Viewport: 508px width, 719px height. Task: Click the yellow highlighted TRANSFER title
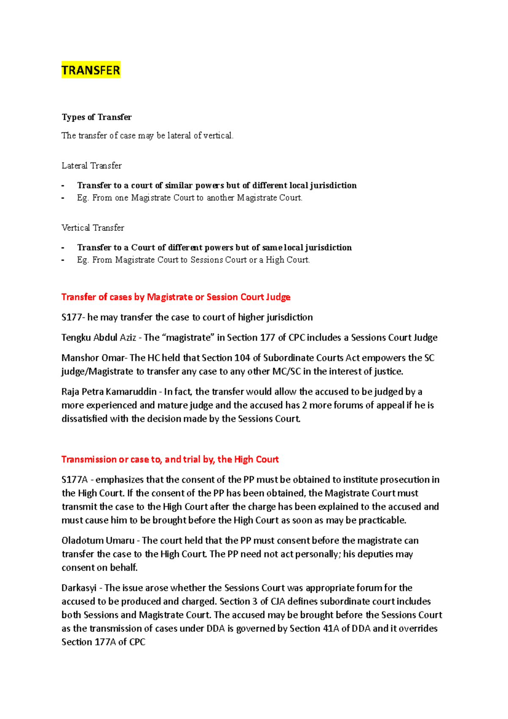click(91, 70)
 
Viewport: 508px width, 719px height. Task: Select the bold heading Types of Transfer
click(97, 117)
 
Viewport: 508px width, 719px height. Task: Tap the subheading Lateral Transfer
click(91, 166)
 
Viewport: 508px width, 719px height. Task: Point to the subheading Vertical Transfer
click(93, 228)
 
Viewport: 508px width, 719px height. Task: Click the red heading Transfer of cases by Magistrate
click(176, 297)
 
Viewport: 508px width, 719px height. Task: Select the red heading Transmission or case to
click(170, 459)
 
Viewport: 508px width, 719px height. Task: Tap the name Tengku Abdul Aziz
click(99, 337)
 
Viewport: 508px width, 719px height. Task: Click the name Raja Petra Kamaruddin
click(109, 392)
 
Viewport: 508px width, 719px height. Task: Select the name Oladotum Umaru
click(98, 540)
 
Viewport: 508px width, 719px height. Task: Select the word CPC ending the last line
click(137, 642)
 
